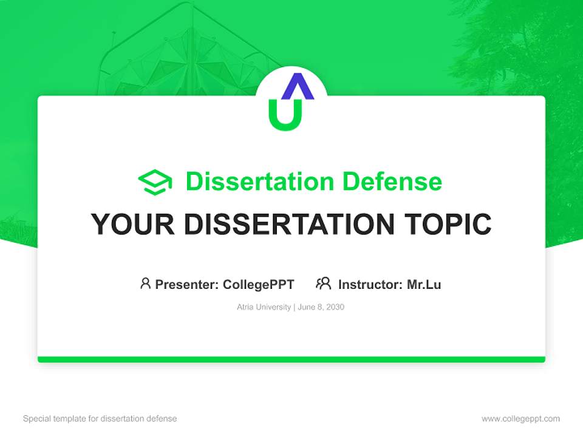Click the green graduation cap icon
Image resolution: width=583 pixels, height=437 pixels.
(155, 182)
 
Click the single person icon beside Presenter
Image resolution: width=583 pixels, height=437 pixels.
(145, 283)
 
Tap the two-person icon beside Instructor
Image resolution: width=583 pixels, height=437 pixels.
(324, 283)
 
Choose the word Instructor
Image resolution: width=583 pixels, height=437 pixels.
(370, 284)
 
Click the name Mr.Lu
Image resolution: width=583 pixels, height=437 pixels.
(424, 284)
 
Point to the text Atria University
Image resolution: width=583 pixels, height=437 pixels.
(264, 307)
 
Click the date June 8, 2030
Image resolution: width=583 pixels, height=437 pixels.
(321, 307)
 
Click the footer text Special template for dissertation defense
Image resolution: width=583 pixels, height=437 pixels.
(100, 419)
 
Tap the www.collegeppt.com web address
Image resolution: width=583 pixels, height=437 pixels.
(520, 419)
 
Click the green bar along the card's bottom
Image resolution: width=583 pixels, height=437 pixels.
(291, 359)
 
